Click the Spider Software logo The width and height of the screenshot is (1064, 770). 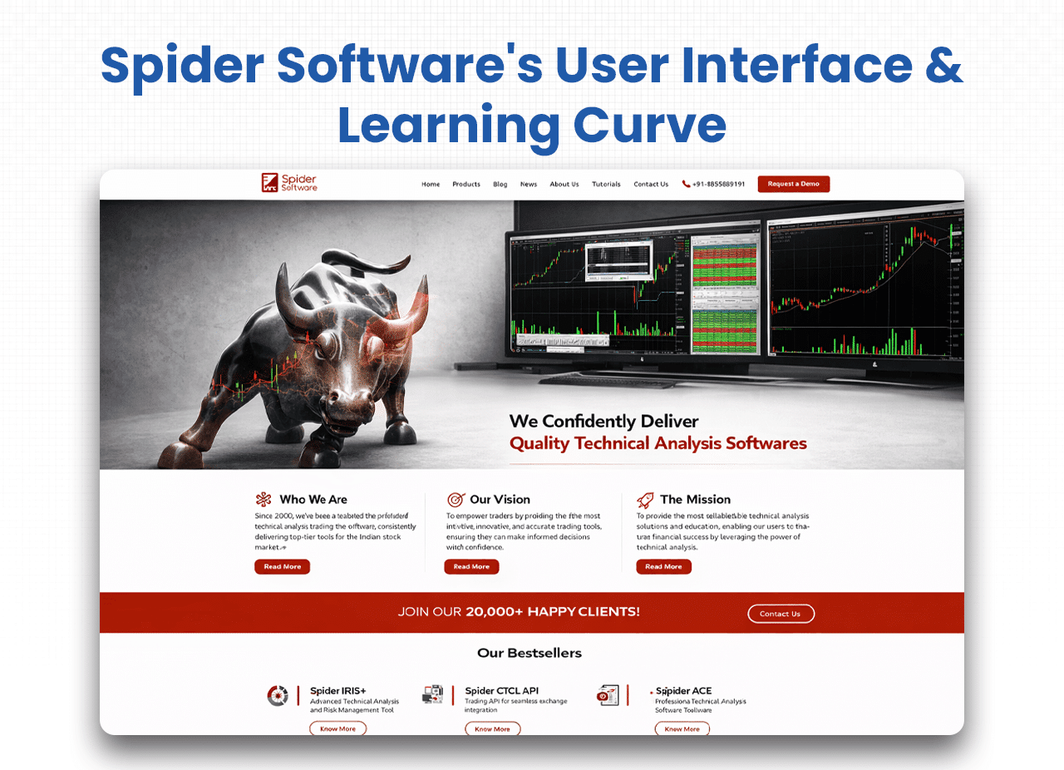(x=288, y=183)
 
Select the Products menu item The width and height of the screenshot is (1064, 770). (x=466, y=185)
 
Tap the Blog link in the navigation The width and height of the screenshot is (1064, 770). (x=500, y=185)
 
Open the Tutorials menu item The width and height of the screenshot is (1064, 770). (x=606, y=185)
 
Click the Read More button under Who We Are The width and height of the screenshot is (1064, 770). (x=282, y=567)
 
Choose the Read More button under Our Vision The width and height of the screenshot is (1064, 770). (x=471, y=567)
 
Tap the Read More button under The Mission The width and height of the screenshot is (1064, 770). (x=663, y=567)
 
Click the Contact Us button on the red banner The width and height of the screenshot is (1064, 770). (x=781, y=614)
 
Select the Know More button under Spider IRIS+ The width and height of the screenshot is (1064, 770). (x=337, y=729)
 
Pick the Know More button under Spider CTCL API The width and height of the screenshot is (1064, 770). (x=492, y=729)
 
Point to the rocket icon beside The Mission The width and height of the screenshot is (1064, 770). (x=645, y=500)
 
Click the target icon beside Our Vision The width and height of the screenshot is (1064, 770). (x=456, y=500)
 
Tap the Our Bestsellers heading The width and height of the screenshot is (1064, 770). (x=530, y=654)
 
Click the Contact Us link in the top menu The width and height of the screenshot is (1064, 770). (x=651, y=185)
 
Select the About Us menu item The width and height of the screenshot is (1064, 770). (x=564, y=185)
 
